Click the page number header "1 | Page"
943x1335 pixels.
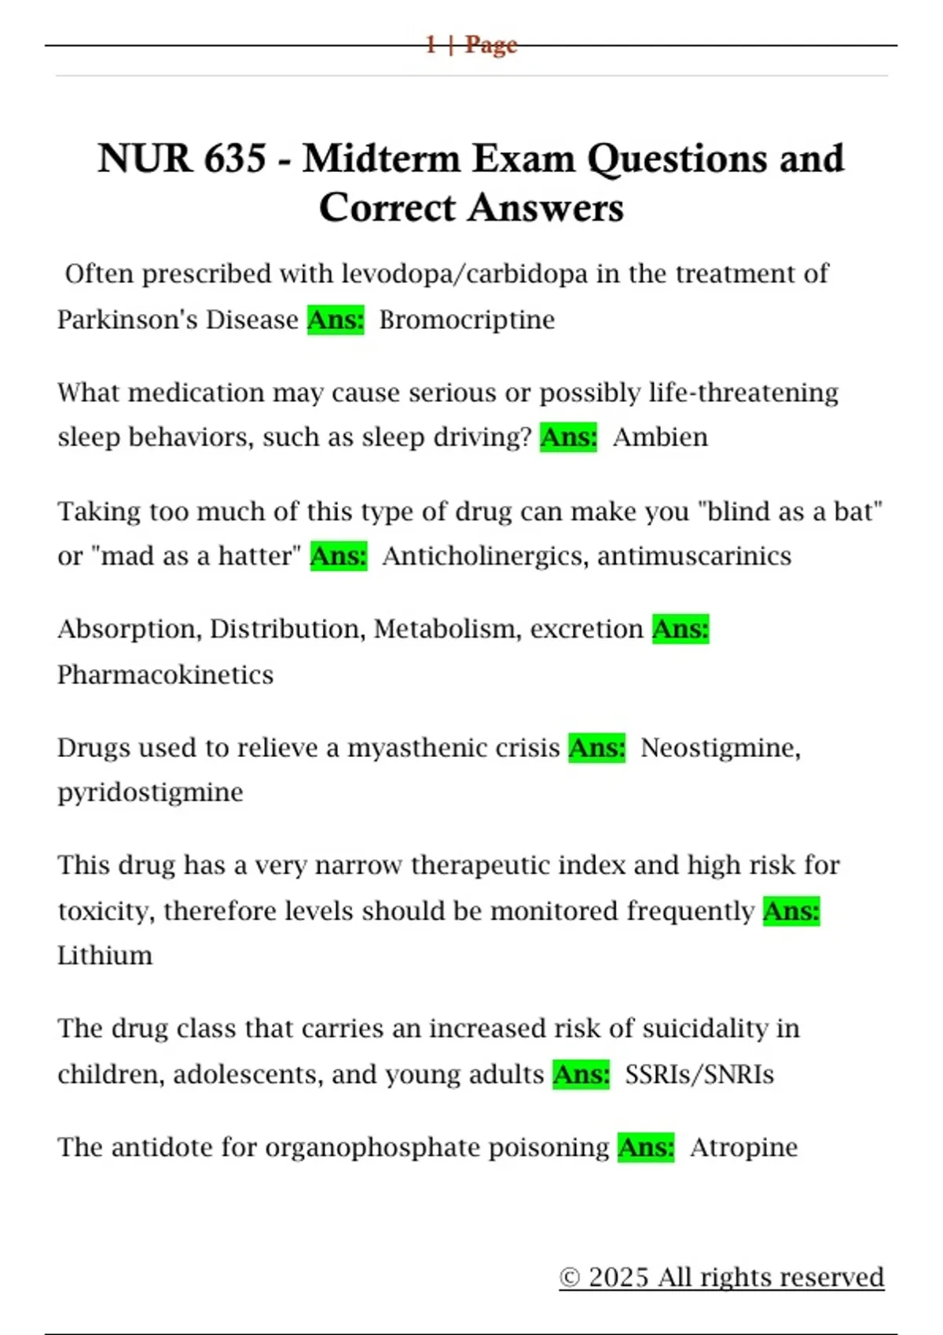pyautogui.click(x=472, y=45)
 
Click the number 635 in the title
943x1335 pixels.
pyautogui.click(x=235, y=159)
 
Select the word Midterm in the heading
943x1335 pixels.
pyautogui.click(x=382, y=159)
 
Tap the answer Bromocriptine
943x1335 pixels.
pyautogui.click(x=467, y=320)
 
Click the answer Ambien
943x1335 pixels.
pyautogui.click(x=660, y=437)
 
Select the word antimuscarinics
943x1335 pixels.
pyautogui.click(x=694, y=556)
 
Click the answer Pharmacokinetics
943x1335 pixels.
pyautogui.click(x=165, y=675)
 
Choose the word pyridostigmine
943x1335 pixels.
pyautogui.click(x=150, y=792)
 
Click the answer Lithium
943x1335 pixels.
pyautogui.click(x=105, y=956)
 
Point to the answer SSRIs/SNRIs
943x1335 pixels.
pyautogui.click(x=699, y=1074)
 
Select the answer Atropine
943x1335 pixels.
pyautogui.click(x=743, y=1147)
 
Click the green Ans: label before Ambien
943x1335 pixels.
pyautogui.click(x=568, y=437)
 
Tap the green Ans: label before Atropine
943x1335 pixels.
pyautogui.click(x=646, y=1147)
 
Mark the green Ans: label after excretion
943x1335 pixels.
pyautogui.click(x=681, y=629)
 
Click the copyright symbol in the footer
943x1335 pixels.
pyautogui.click(x=570, y=1278)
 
